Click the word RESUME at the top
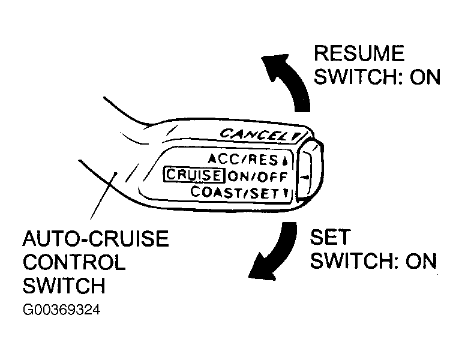point(359,53)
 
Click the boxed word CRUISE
point(193,175)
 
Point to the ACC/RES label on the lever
point(244,160)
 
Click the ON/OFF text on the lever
point(258,177)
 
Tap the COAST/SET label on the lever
point(235,193)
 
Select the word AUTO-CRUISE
point(96,239)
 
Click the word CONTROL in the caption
point(74,262)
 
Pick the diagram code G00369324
point(62,310)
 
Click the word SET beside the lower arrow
point(330,237)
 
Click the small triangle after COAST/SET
point(285,194)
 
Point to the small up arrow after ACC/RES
point(284,161)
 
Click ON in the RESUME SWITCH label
point(425,77)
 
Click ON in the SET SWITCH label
point(421,261)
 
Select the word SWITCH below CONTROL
point(64,286)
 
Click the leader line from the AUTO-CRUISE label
point(103,196)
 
